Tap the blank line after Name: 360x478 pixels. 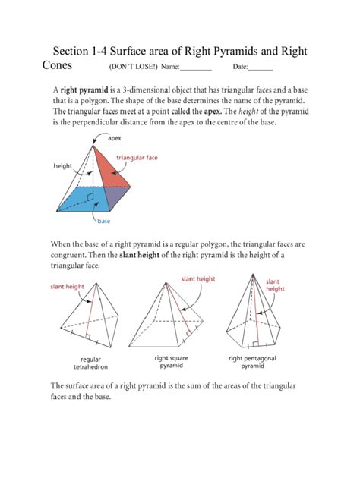[196, 68]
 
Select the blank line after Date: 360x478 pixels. [261, 68]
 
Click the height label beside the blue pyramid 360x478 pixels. [62, 165]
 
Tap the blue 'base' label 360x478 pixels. [104, 222]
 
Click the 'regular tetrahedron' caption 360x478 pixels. [90, 363]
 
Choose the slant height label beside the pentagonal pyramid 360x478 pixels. [275, 285]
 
